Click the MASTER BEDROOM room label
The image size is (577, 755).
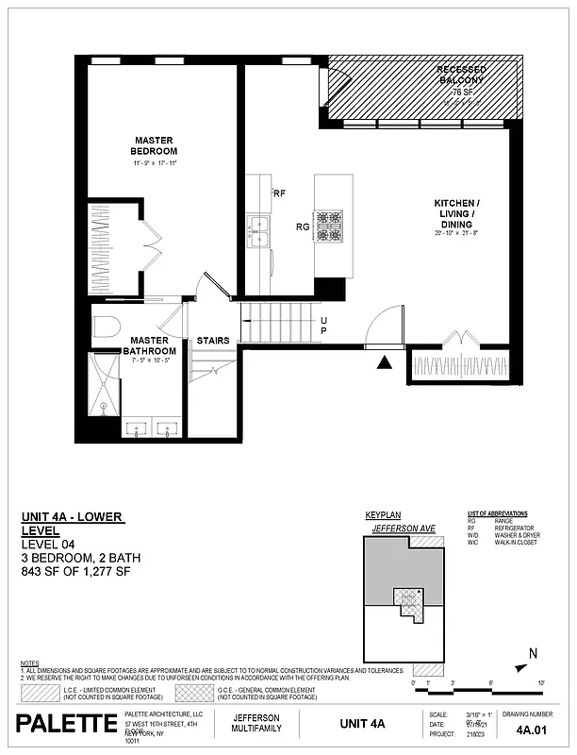[x=155, y=146]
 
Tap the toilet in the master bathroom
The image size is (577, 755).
[x=105, y=327]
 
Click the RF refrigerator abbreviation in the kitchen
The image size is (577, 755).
[x=279, y=193]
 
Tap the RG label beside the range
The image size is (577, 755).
[x=303, y=226]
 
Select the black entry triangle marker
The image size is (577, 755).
[x=384, y=361]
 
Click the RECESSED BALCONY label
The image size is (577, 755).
[x=460, y=75]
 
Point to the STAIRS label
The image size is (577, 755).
[x=212, y=341]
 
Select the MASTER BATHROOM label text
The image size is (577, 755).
[x=149, y=345]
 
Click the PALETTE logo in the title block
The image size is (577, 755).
[x=65, y=724]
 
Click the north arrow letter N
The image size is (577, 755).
[x=533, y=653]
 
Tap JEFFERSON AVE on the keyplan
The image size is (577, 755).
[x=404, y=528]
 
